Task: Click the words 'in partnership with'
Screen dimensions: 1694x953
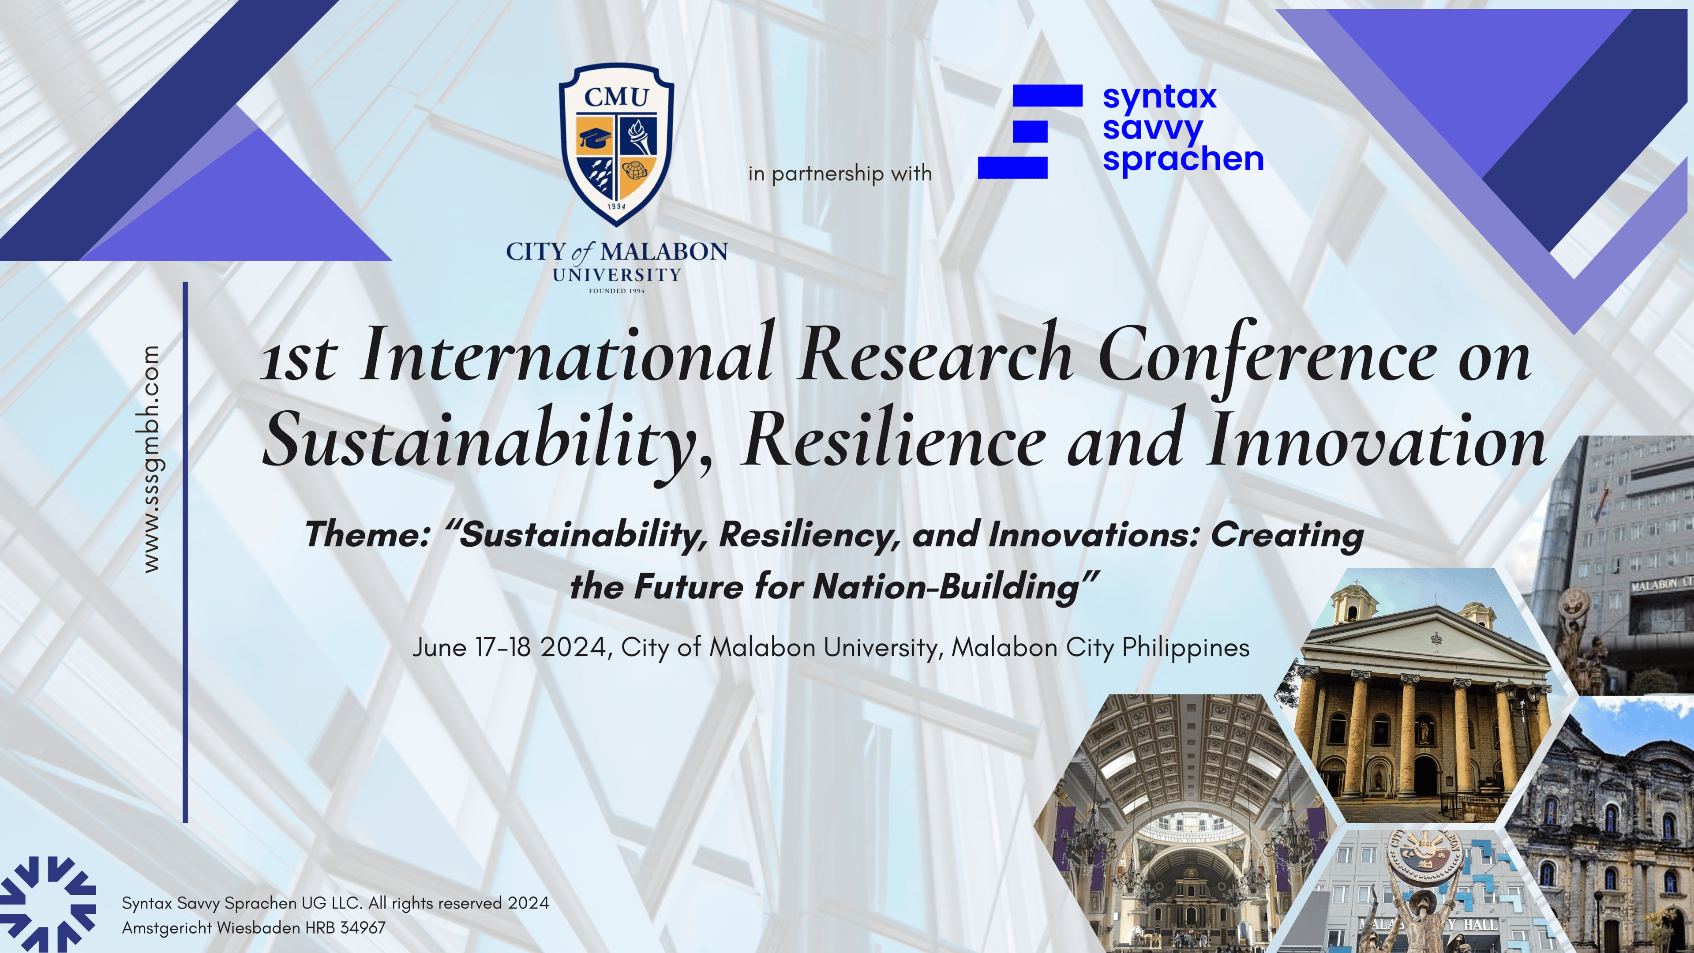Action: tap(840, 174)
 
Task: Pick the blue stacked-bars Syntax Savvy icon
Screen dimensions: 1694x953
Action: tap(1030, 131)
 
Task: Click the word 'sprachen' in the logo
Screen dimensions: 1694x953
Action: tap(1183, 159)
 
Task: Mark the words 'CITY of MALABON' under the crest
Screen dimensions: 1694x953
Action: tap(616, 252)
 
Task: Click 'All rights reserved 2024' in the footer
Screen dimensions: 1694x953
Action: tap(458, 903)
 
